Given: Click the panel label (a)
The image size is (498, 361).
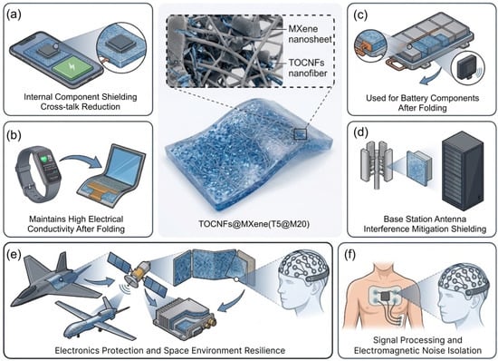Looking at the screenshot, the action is (x=14, y=15).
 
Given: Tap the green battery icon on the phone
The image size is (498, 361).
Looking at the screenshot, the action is (x=73, y=68).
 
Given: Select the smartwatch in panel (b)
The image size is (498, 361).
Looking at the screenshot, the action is (x=38, y=174).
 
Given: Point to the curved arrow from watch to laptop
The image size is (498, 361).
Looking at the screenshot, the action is (x=80, y=158).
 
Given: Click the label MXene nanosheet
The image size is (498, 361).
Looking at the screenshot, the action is (x=310, y=34).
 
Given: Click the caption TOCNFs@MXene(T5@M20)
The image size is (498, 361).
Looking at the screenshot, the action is (x=254, y=224).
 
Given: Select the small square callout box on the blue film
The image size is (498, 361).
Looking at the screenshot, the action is (x=300, y=134).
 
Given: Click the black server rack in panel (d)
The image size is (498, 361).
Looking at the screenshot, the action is (x=464, y=171).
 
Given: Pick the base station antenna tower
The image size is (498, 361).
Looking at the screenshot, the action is (x=377, y=168).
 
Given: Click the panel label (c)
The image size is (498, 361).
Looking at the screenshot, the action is (x=360, y=15).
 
